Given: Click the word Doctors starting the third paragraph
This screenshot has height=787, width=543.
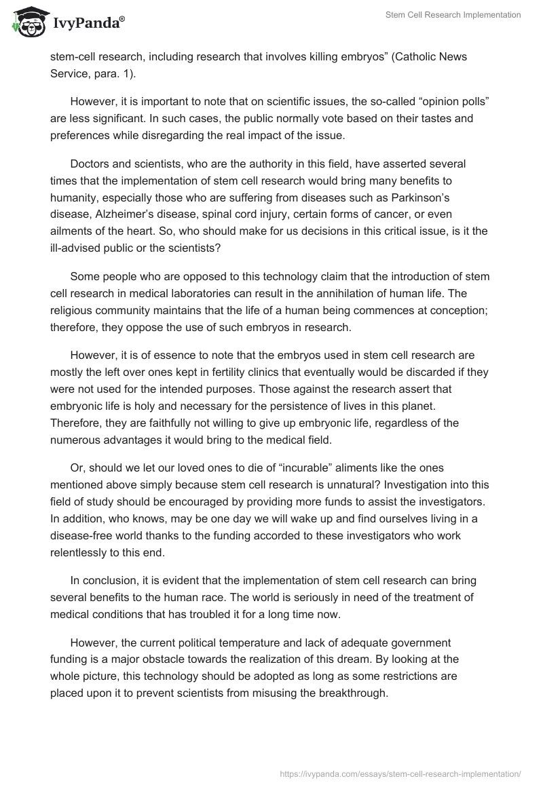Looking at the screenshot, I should [88, 164].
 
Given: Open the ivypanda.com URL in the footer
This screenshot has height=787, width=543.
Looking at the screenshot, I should [400, 773].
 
